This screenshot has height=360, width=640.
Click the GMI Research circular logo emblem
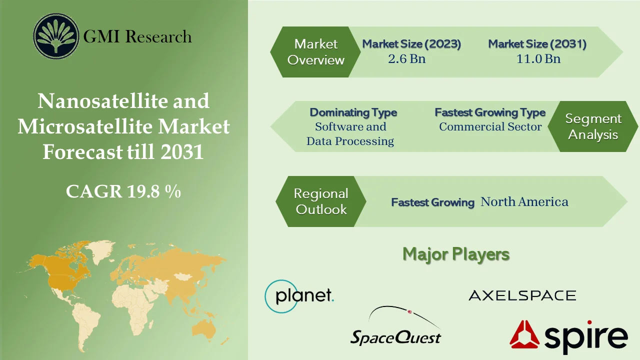coord(56,36)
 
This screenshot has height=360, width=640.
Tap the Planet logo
coord(299,296)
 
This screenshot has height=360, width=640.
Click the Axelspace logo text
coord(522,295)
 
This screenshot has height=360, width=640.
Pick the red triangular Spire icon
coord(524,334)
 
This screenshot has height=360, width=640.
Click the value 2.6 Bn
coord(406,58)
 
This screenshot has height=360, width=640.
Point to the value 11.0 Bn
coord(538,58)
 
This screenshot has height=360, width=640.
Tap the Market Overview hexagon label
coord(315,52)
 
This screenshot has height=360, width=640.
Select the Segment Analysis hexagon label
coord(593,126)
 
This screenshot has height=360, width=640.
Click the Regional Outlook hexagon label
coord(321,201)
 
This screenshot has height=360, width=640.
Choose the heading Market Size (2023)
coord(411,44)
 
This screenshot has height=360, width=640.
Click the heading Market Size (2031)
coord(537,44)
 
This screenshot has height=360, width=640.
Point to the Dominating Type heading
coord(353,112)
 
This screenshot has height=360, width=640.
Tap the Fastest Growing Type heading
coord(489,112)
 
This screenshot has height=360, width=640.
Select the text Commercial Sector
coord(490,127)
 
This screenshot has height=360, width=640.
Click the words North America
coord(524,202)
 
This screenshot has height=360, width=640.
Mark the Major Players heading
coord(455,254)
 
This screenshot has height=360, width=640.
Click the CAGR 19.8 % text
coord(123,191)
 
